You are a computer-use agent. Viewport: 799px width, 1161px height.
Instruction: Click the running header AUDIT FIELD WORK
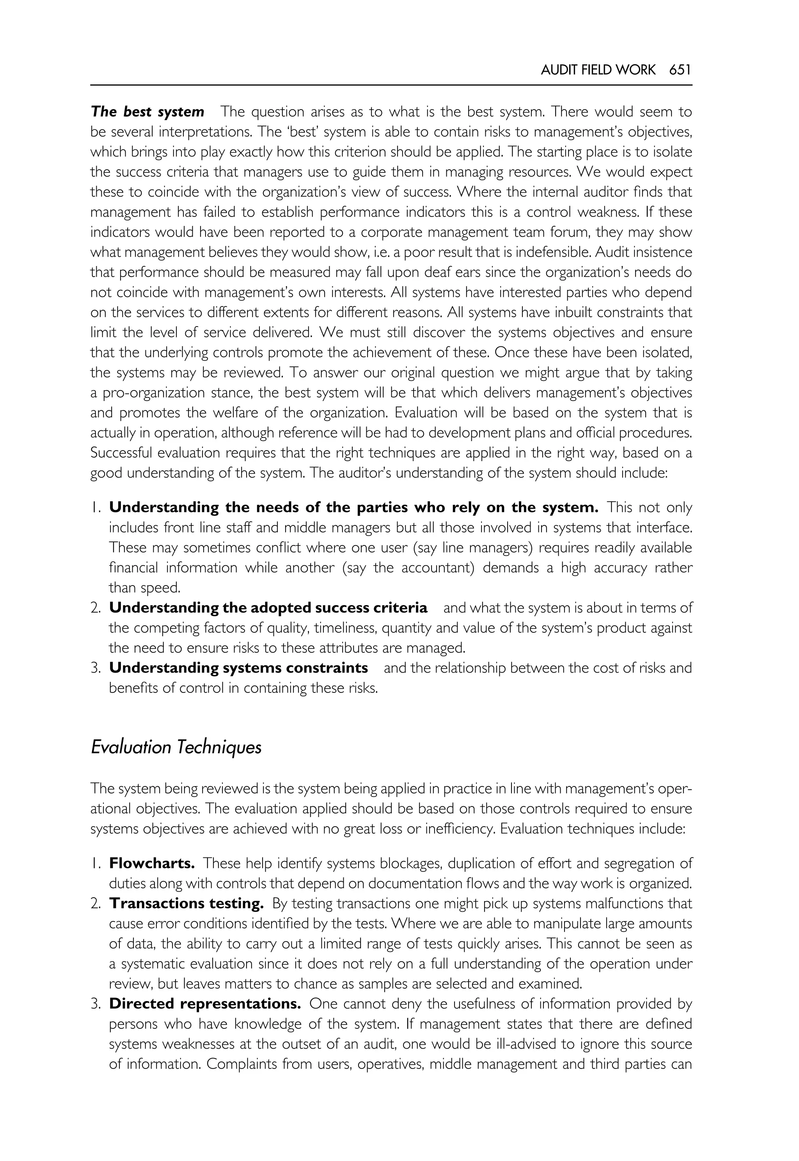tap(598, 70)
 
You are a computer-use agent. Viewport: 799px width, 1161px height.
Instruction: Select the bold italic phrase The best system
tap(148, 112)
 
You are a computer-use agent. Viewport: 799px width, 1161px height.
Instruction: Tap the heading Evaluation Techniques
tap(176, 747)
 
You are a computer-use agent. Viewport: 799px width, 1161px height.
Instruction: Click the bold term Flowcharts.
tap(152, 864)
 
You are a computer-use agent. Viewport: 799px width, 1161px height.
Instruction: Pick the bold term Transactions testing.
tap(186, 904)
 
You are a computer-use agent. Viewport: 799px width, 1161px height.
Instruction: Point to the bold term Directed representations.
tap(205, 1004)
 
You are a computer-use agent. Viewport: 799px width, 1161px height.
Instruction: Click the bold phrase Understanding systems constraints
tap(238, 668)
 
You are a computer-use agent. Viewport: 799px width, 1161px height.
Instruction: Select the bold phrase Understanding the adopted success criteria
tap(268, 608)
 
